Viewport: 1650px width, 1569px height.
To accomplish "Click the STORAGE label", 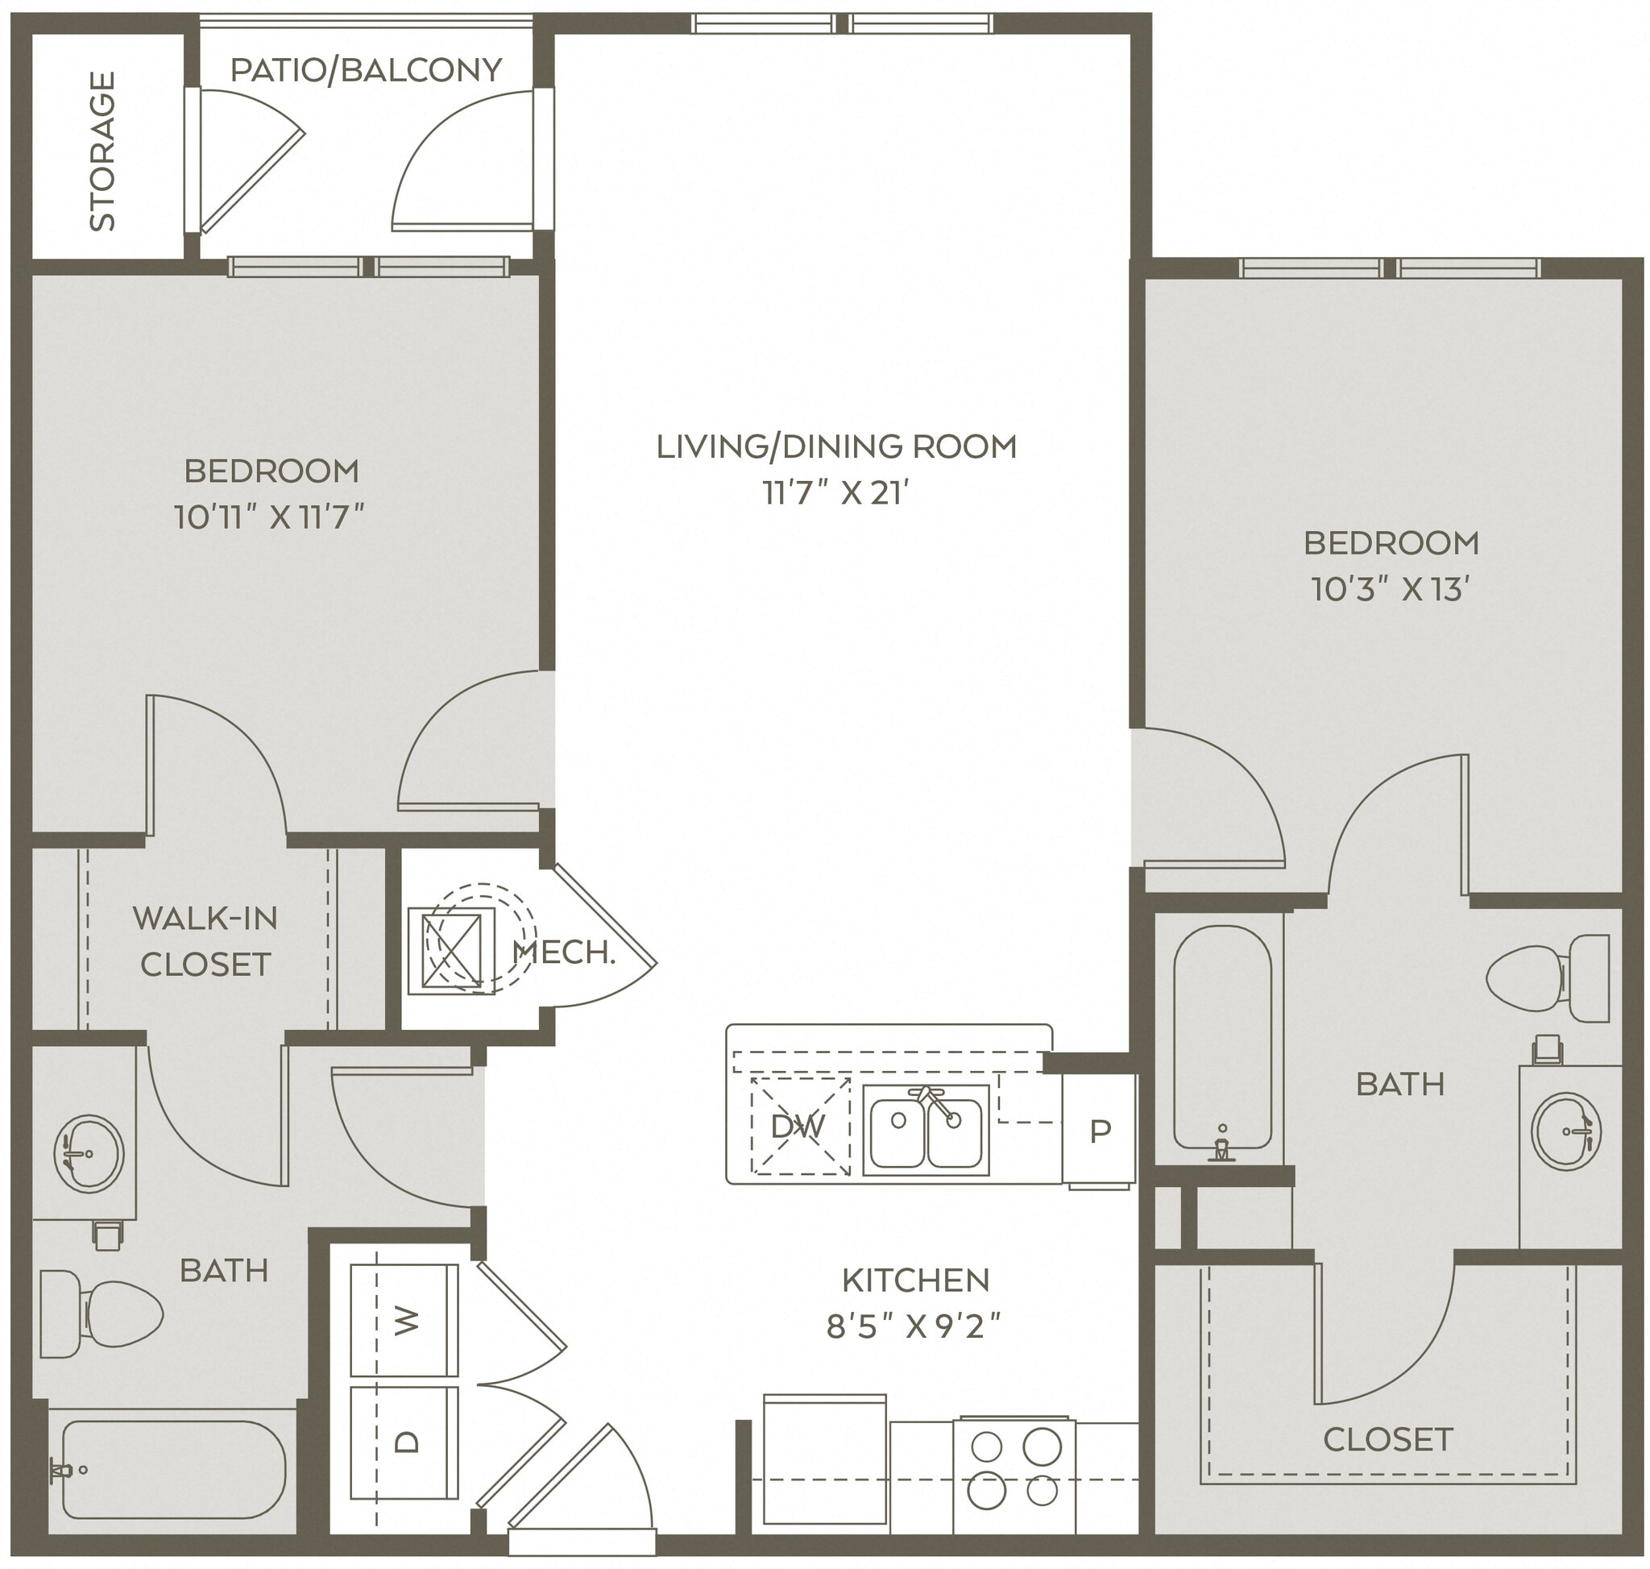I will (102, 152).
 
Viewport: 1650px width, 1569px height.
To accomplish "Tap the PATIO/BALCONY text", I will (366, 70).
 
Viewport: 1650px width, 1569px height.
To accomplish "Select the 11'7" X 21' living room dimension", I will (835, 493).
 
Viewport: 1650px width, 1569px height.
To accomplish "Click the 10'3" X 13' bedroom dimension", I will (1390, 590).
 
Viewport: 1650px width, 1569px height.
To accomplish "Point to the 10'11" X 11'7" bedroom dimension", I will (269, 517).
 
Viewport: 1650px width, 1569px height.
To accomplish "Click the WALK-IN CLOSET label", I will (205, 942).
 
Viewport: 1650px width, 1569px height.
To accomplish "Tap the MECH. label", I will (564, 952).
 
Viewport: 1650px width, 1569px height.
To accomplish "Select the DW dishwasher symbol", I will (798, 1127).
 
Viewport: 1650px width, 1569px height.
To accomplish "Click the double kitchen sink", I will (926, 1130).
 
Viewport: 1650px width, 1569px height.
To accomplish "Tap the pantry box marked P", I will (1100, 1131).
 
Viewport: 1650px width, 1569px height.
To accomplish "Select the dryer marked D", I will (404, 1440).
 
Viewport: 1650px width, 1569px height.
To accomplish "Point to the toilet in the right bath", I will (1547, 978).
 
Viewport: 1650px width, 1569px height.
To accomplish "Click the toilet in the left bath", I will (101, 1314).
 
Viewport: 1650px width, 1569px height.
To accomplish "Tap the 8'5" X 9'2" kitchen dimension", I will (914, 1326).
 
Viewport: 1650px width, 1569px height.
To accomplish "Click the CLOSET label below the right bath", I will (1387, 1439).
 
